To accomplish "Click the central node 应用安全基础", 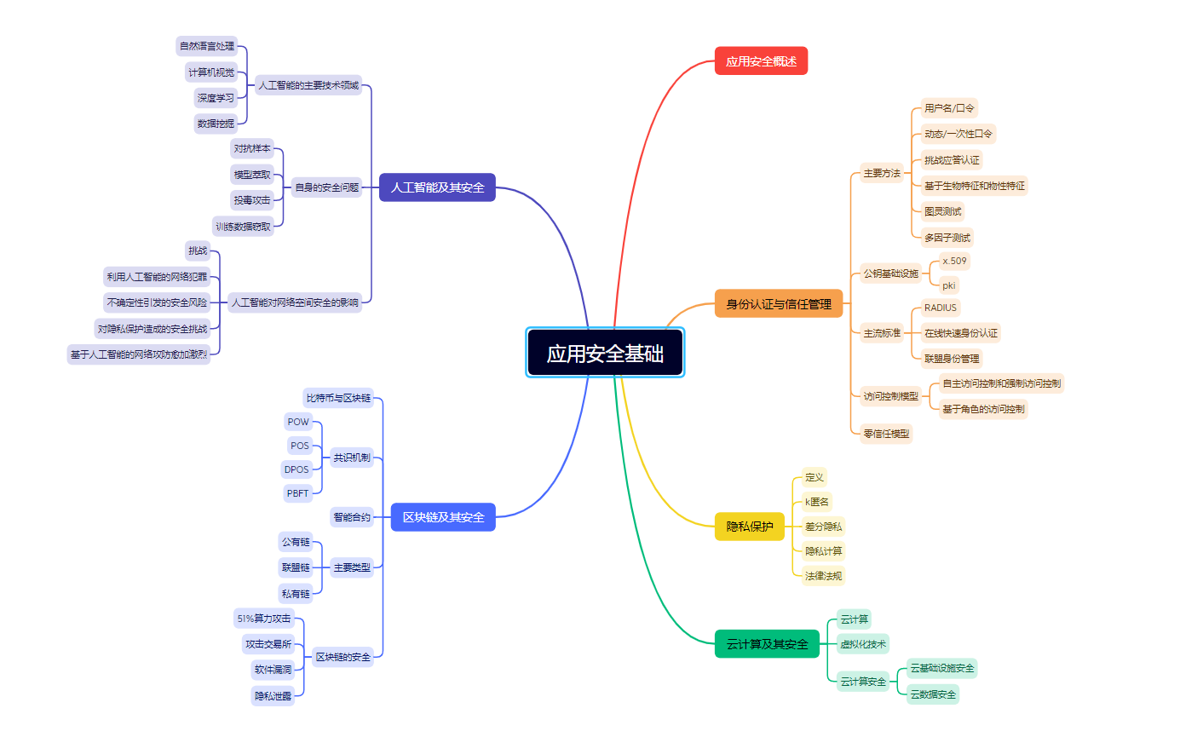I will pyautogui.click(x=605, y=353).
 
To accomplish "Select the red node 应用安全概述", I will pyautogui.click(x=761, y=61).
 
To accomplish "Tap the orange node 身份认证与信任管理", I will pyautogui.click(x=778, y=304).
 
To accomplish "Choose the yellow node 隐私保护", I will pyautogui.click(x=749, y=527).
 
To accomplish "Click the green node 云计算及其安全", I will pyautogui.click(x=767, y=644).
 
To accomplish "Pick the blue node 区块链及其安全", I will pyautogui.click(x=443, y=517).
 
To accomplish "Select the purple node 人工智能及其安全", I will pyautogui.click(x=437, y=187).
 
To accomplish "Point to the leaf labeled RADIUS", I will pyautogui.click(x=940, y=308).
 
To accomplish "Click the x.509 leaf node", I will pyautogui.click(x=954, y=261).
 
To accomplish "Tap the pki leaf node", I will pyautogui.click(x=948, y=285).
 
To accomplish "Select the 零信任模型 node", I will pyautogui.click(x=886, y=434).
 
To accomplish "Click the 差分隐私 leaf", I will pyautogui.click(x=823, y=527).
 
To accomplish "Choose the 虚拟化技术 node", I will pyautogui.click(x=863, y=644).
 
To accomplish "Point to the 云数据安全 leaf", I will pyautogui.click(x=933, y=694).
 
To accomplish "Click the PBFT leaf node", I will pyautogui.click(x=298, y=493).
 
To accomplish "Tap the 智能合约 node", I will pyautogui.click(x=352, y=517).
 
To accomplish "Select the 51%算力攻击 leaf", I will pyautogui.click(x=264, y=619).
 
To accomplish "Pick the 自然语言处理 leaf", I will pyautogui.click(x=206, y=46).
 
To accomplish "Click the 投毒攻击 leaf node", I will pyautogui.click(x=252, y=200).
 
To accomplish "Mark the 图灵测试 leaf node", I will pyautogui.click(x=942, y=211).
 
